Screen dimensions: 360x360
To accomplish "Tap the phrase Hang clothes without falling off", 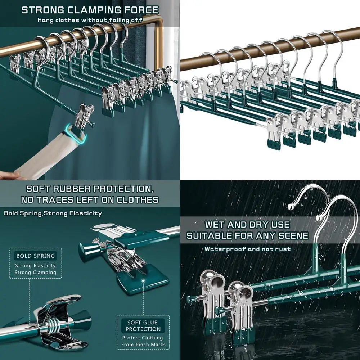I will pyautogui.click(x=90, y=20).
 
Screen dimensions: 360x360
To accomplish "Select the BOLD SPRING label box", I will pyautogui.click(x=35, y=256).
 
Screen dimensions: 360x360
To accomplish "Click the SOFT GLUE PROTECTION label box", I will pyautogui.click(x=143, y=326).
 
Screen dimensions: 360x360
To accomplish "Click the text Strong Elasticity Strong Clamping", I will pyautogui.click(x=35, y=269).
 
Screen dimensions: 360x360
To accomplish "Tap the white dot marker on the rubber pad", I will pyautogui.click(x=143, y=280).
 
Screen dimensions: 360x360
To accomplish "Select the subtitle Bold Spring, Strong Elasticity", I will pyautogui.click(x=53, y=213).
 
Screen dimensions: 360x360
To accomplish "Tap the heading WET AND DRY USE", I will pyautogui.click(x=247, y=225).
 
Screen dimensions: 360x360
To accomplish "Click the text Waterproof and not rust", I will pyautogui.click(x=247, y=249).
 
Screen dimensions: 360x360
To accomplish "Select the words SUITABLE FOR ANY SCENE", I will pyautogui.click(x=247, y=236).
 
